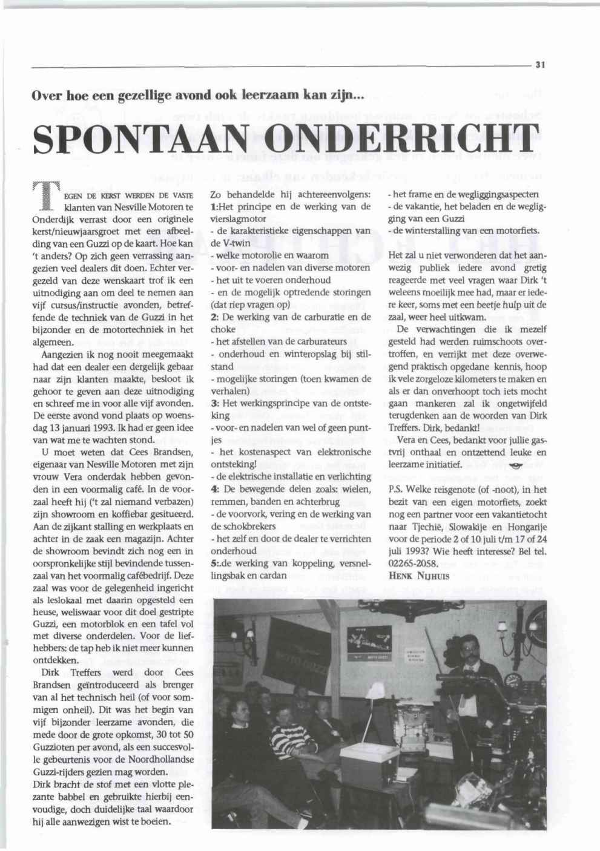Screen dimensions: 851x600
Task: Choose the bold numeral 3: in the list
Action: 214,404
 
